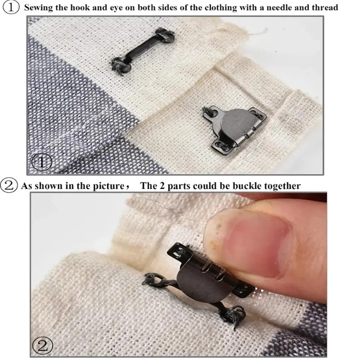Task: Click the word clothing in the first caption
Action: pos(220,8)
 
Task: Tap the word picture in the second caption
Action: pos(108,186)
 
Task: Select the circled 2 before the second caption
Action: pos(9,185)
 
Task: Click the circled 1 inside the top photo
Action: pos(41,162)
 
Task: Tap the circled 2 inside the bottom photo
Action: pos(43,346)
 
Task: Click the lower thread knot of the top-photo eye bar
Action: pos(121,66)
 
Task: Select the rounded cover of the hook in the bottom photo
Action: pos(200,282)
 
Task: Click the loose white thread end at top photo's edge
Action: pos(257,32)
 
